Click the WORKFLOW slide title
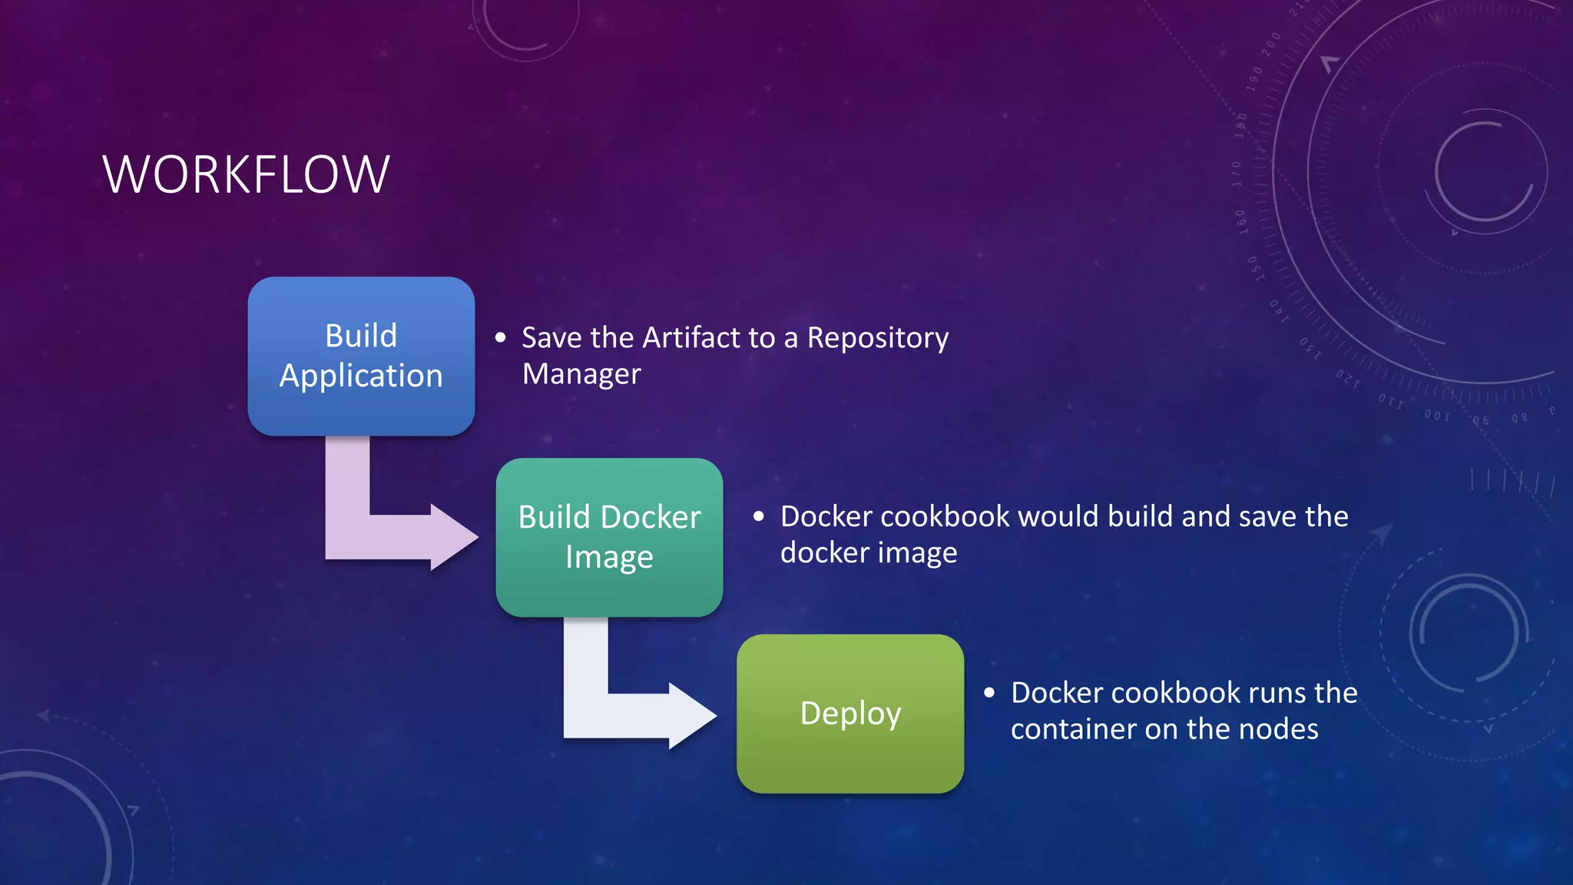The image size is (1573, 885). point(246,175)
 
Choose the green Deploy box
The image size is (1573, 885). point(849,753)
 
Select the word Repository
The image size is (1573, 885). point(877,338)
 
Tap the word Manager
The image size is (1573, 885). point(581,374)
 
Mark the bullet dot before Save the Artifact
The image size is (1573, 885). point(501,337)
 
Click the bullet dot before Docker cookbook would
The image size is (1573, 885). point(759,516)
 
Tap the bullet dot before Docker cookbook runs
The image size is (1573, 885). point(989,693)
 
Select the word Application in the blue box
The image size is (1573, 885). point(361,376)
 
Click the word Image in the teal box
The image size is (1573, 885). point(609,557)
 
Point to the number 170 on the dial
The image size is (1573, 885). point(1237,174)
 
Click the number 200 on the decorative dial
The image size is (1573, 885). point(1271,44)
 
